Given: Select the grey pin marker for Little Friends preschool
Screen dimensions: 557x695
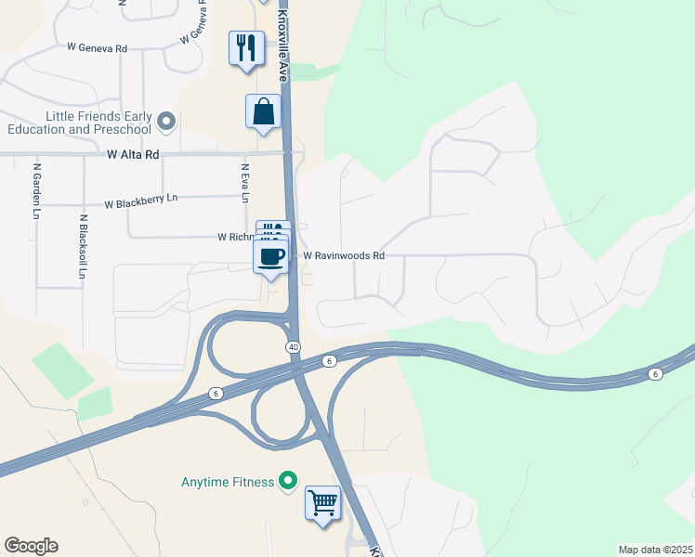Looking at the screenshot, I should pyautogui.click(x=167, y=121).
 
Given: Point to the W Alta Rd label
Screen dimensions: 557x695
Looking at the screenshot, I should pyautogui.click(x=133, y=155).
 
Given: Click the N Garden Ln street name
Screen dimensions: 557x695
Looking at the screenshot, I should pyautogui.click(x=37, y=192).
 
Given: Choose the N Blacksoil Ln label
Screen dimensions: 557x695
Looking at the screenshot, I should pyautogui.click(x=84, y=247).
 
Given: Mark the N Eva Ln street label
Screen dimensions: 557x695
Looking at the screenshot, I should pyautogui.click(x=245, y=183).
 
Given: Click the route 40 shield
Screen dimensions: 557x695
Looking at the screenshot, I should pyautogui.click(x=293, y=346).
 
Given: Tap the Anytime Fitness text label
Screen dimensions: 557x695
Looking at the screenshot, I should pyautogui.click(x=228, y=482).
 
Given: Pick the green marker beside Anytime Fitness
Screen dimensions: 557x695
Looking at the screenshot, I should pyautogui.click(x=288, y=481).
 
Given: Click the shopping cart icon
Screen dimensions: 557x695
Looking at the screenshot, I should pyautogui.click(x=322, y=502).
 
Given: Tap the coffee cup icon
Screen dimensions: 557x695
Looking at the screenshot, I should pyautogui.click(x=271, y=256).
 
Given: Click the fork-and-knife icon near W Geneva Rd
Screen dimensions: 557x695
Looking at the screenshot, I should pyautogui.click(x=246, y=46).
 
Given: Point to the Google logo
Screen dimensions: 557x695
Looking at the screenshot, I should pyautogui.click(x=31, y=546).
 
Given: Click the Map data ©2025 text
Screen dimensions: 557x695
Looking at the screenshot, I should pyautogui.click(x=655, y=550).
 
